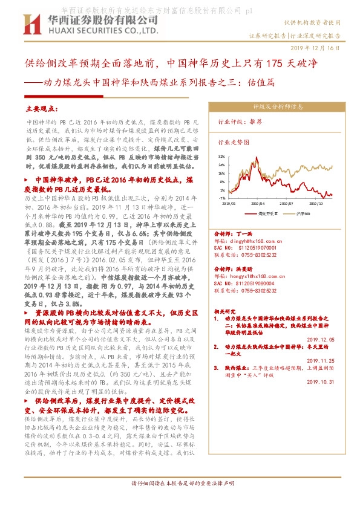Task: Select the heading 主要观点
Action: (41, 109)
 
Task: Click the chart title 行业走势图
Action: (234, 143)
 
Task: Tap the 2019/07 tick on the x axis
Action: (288, 204)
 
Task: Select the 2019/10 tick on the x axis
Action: (317, 204)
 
